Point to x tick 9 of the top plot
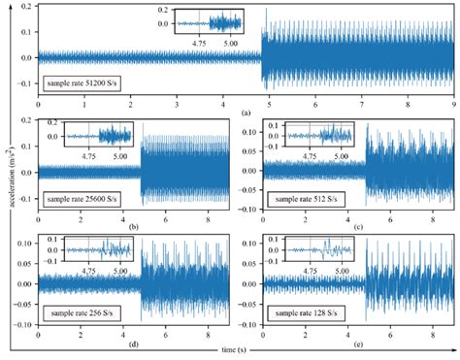click(453, 102)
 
